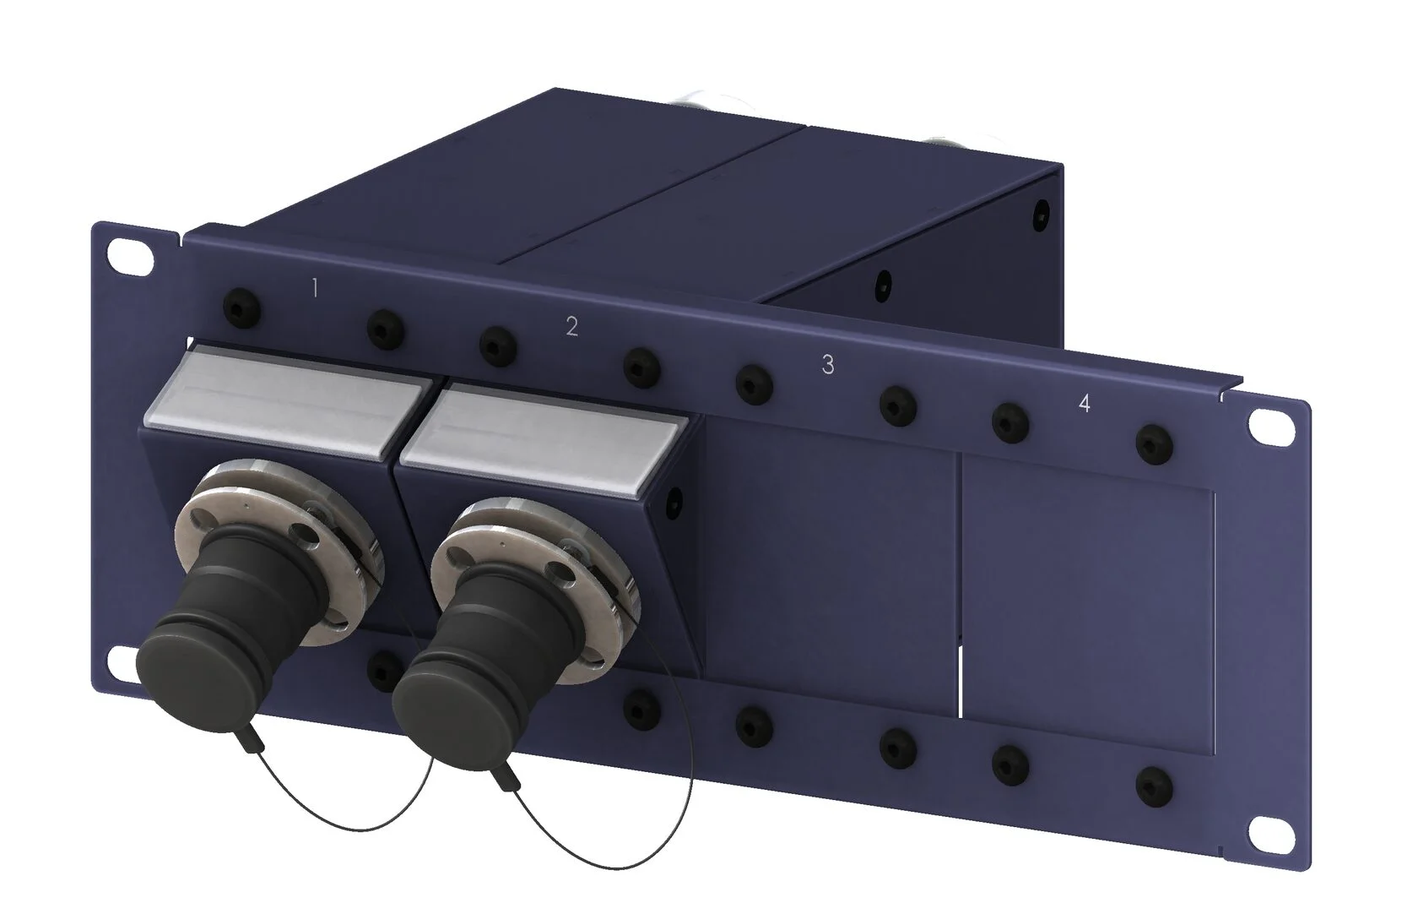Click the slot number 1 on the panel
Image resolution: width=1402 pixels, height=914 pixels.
point(315,288)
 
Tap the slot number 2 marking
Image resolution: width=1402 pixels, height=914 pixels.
point(571,326)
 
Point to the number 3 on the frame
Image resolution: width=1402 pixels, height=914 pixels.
point(827,364)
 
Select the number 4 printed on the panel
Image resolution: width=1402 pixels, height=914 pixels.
point(1085,404)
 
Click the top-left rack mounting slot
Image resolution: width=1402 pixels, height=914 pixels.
point(131,256)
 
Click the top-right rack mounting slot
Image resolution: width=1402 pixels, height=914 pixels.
point(1271,425)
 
